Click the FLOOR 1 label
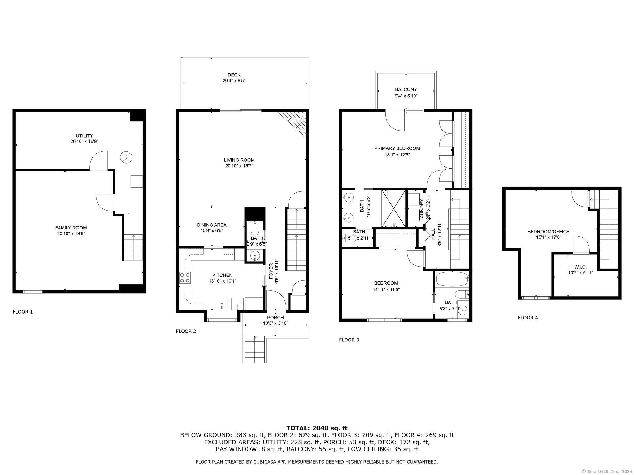[x=23, y=312]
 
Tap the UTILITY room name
[x=85, y=136]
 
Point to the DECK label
[x=234, y=75]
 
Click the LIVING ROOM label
[x=239, y=160]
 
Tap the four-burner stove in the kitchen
[x=185, y=278]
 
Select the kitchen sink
[x=222, y=304]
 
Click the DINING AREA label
[x=212, y=225]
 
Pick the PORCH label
[x=276, y=318]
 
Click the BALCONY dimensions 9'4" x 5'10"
[x=406, y=96]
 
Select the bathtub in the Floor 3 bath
[x=452, y=280]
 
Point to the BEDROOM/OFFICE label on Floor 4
[x=549, y=232]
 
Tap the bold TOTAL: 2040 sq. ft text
[x=317, y=428]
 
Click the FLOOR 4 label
[x=528, y=318]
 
